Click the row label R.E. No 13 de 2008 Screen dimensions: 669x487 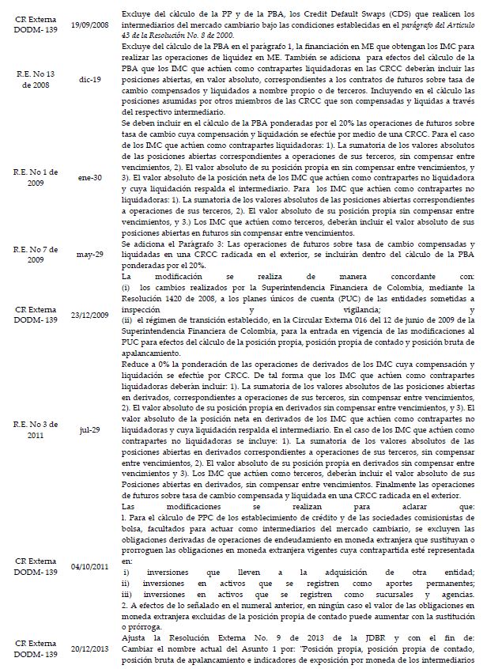(31, 79)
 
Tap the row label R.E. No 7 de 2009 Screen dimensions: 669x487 (31, 255)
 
